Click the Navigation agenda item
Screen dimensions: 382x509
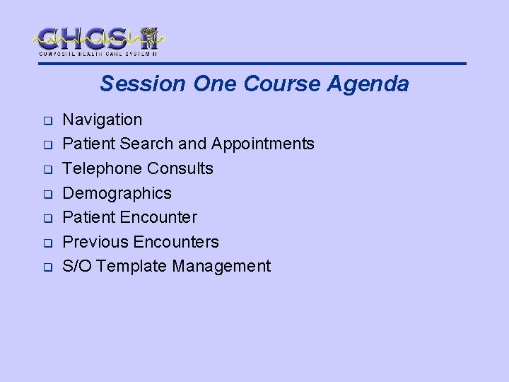[103, 120]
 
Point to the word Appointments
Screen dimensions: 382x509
[262, 144]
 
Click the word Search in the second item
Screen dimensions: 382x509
[147, 144]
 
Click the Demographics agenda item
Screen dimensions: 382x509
[117, 193]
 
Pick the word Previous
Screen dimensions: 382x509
[94, 242]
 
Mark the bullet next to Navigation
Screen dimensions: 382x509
[43, 120]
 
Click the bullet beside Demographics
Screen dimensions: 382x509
[43, 194]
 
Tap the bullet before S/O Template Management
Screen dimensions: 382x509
[43, 267]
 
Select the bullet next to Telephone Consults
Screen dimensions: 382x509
[43, 170]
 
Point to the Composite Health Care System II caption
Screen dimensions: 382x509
[98, 53]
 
